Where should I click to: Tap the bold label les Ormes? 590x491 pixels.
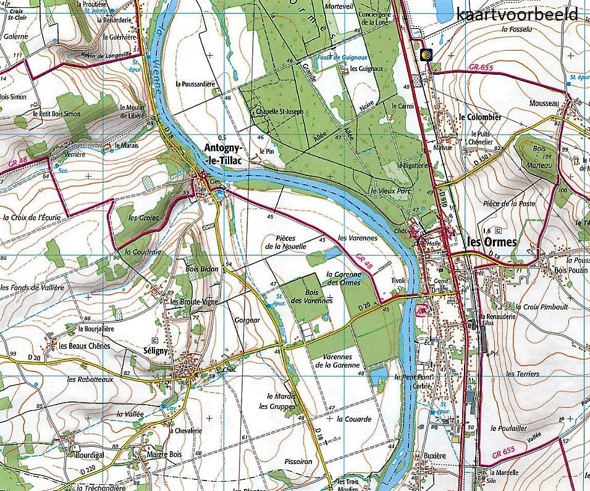coord(492,242)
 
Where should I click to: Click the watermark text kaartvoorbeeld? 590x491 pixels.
coord(518,14)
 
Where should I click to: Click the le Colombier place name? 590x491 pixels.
coord(480,117)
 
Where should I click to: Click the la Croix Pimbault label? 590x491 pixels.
coord(543,306)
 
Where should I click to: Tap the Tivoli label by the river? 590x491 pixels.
coord(396,280)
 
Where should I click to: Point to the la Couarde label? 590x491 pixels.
coord(354,419)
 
